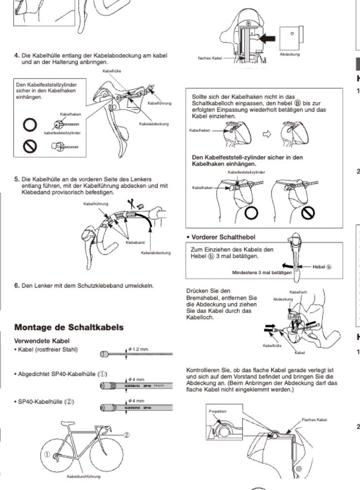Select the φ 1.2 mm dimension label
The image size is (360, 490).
point(139,349)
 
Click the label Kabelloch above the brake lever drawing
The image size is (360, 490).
point(298,292)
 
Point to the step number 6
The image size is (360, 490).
point(17,285)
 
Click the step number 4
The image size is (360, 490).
point(17,55)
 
